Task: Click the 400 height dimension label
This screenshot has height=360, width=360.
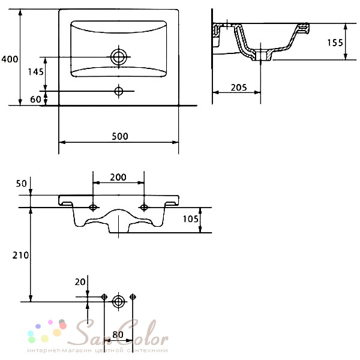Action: click(10, 59)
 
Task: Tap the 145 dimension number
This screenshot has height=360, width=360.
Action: click(35, 72)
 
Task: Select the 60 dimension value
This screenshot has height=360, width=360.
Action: click(35, 100)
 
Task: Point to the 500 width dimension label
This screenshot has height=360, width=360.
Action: click(120, 136)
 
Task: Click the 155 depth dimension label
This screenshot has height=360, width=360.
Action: click(335, 43)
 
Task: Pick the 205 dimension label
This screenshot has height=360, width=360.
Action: click(239, 88)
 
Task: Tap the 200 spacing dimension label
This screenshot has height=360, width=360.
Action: click(118, 177)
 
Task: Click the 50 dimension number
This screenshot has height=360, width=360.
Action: click(22, 184)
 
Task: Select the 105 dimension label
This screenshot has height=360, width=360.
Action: click(190, 219)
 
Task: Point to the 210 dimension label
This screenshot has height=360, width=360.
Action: click(20, 256)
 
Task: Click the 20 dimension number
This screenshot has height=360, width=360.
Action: click(80, 282)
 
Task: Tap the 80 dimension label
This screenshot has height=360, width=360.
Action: click(118, 335)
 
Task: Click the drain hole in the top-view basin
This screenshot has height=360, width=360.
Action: click(118, 57)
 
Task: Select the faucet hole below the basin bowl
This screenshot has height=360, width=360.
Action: click(118, 91)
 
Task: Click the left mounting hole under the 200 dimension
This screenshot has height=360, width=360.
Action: click(93, 208)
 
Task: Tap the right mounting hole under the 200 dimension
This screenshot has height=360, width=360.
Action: click(144, 208)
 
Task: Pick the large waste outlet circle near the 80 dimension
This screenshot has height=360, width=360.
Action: click(118, 302)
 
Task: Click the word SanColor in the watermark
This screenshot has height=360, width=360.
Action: click(118, 334)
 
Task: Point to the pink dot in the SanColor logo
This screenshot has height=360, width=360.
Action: click(50, 322)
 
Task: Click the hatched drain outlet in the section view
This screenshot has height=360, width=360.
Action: click(261, 55)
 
